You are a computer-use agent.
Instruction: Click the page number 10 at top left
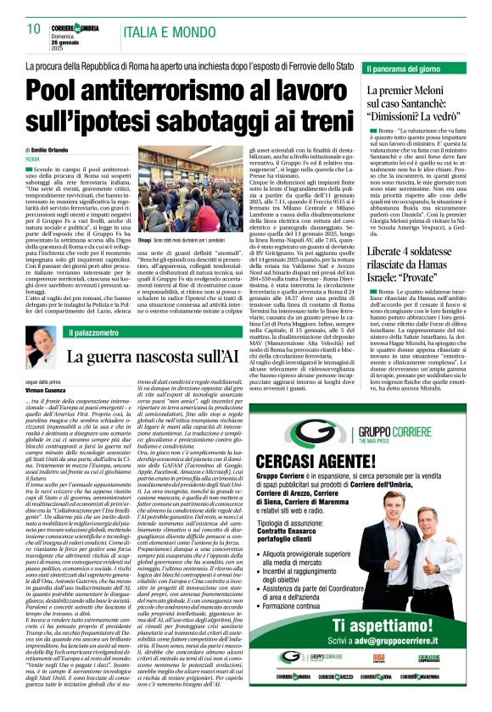tap(34, 29)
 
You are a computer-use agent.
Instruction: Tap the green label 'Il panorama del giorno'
tap(400, 68)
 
